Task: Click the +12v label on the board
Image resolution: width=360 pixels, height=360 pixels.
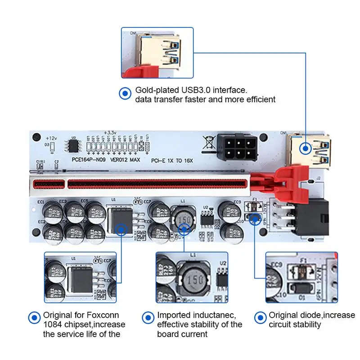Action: [52, 137]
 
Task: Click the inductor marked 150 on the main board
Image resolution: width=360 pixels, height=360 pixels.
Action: [183, 218]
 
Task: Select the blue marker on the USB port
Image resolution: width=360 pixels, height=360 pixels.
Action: [306, 147]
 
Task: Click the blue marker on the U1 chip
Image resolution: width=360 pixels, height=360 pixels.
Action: [121, 229]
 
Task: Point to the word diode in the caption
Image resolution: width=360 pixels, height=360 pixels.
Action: [309, 315]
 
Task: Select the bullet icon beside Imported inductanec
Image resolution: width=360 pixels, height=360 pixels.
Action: [147, 316]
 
